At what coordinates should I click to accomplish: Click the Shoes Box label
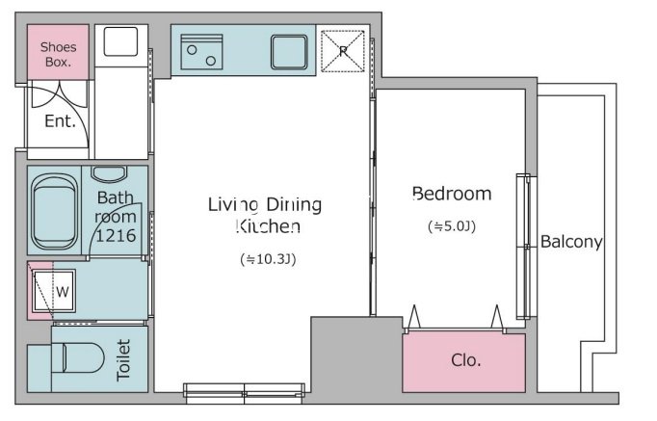[x=58, y=55]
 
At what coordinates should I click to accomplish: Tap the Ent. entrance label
[x=60, y=121]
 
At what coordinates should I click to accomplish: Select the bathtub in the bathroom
[x=55, y=211]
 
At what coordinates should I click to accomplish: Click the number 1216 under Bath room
[x=116, y=235]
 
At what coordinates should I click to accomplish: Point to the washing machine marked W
[x=55, y=291]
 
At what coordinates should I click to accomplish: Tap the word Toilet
[x=123, y=360]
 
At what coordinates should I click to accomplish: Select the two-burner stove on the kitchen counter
[x=201, y=51]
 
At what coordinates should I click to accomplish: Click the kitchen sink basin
[x=289, y=52]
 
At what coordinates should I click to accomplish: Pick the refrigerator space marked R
[x=343, y=51]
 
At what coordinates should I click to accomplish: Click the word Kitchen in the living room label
[x=268, y=226]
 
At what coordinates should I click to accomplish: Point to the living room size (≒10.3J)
[x=268, y=259]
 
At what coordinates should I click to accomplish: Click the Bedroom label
[x=452, y=194]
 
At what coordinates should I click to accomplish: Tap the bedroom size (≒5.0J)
[x=452, y=226]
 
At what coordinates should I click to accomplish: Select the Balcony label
[x=571, y=242]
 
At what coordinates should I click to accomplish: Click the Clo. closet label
[x=466, y=360]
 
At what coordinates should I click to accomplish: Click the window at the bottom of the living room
[x=245, y=392]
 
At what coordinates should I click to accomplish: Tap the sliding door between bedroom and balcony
[x=524, y=247]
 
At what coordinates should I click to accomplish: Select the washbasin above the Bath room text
[x=109, y=173]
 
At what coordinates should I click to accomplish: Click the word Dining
[x=294, y=205]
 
